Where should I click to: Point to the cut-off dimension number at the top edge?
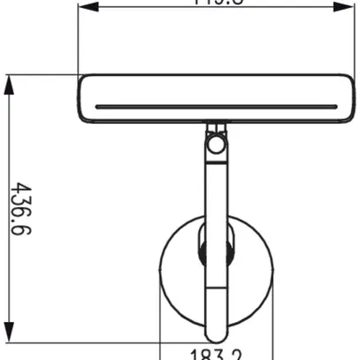pyautogui.click(x=210, y=3)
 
